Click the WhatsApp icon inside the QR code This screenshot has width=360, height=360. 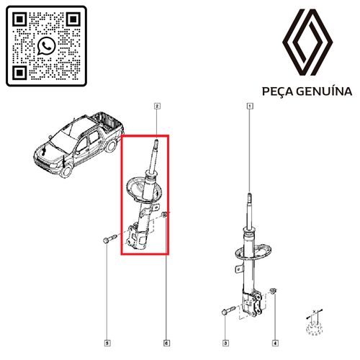[47, 46]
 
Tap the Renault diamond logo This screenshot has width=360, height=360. [307, 42]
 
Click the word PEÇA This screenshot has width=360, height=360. [277, 91]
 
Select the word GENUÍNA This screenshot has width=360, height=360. [324, 91]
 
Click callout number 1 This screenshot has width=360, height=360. [250, 106]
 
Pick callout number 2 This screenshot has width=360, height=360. [157, 106]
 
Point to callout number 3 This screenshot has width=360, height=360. [225, 343]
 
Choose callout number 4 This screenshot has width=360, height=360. [275, 343]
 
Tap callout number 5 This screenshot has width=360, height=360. [107, 343]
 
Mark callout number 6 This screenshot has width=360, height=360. [166, 343]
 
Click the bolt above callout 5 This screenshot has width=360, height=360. [109, 239]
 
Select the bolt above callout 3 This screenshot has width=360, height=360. [228, 310]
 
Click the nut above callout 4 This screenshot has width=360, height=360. [274, 291]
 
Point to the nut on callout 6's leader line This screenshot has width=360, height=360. [164, 215]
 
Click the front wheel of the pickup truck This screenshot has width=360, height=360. [66, 171]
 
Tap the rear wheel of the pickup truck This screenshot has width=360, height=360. [111, 145]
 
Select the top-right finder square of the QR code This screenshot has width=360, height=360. [73, 19]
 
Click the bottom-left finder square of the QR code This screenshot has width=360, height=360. [19, 73]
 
